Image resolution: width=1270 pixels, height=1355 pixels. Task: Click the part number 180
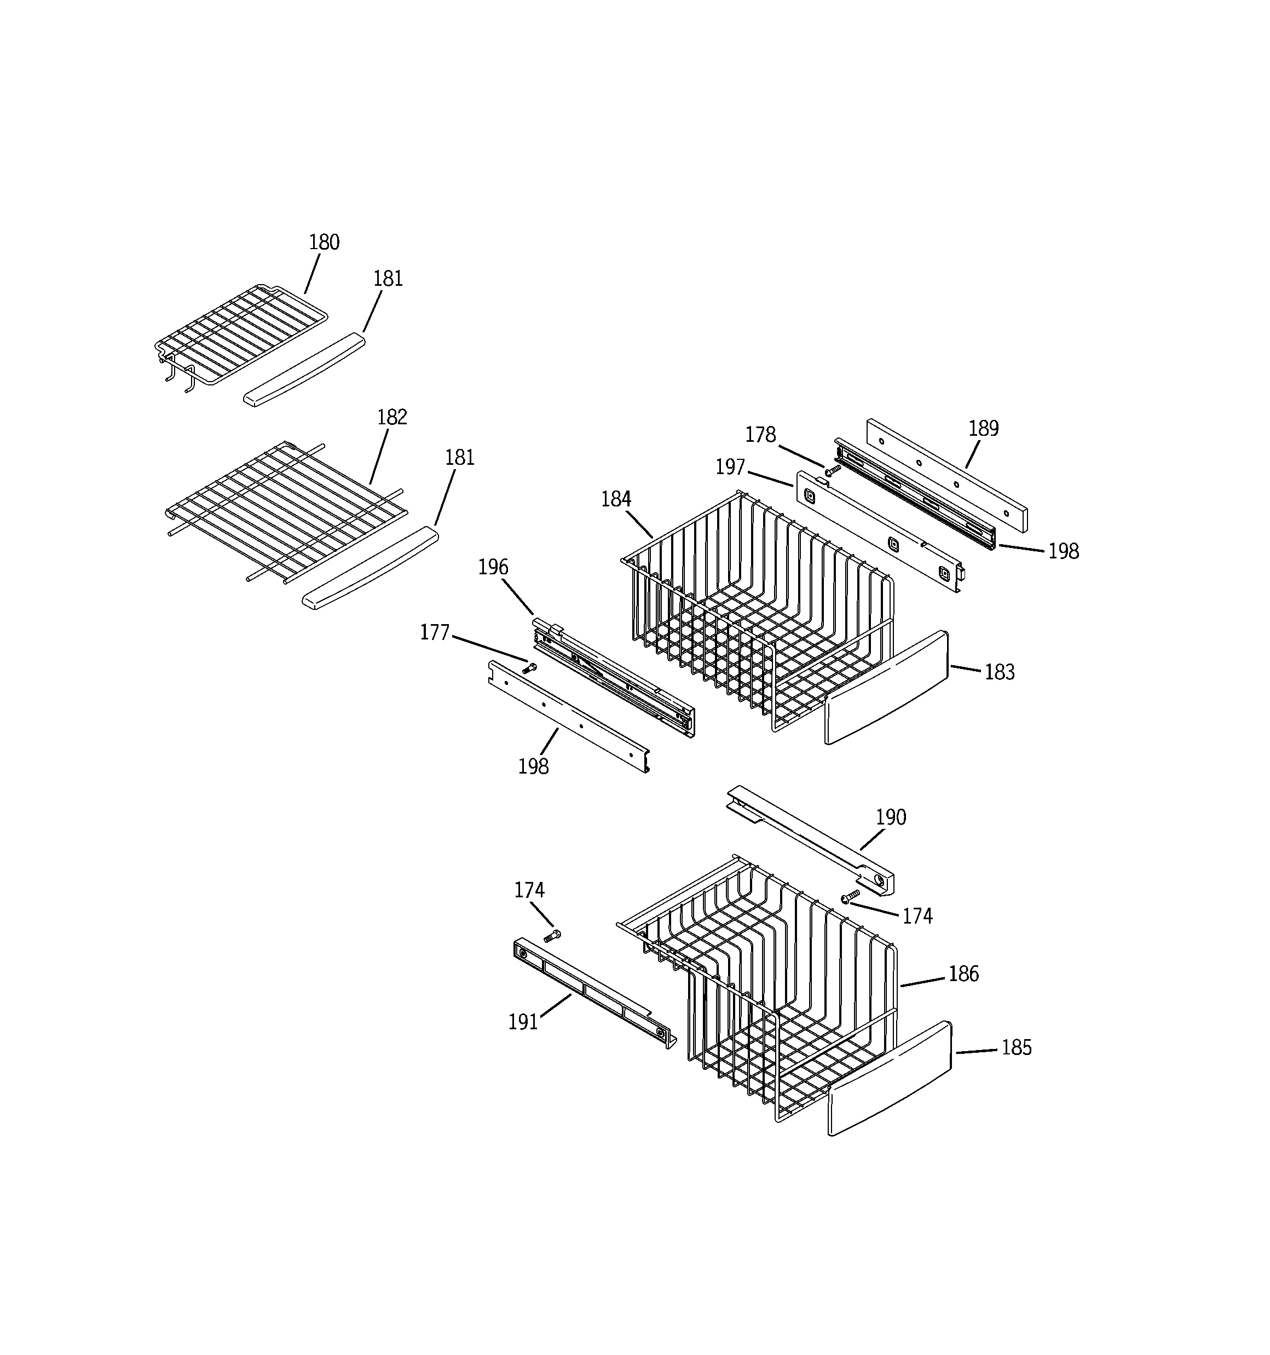tap(324, 243)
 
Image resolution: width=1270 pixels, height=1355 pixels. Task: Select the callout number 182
tap(392, 417)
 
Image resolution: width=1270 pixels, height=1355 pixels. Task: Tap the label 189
tap(983, 429)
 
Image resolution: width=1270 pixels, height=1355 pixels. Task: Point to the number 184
tap(616, 500)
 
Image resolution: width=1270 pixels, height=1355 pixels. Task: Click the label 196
tap(493, 567)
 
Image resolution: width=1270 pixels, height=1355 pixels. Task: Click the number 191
tap(523, 1022)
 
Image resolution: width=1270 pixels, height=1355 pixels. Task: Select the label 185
tap(1016, 1048)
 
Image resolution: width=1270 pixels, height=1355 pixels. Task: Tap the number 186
tap(963, 974)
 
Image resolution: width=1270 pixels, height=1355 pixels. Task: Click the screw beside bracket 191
tap(552, 936)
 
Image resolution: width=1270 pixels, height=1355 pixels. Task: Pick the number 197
tap(730, 468)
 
